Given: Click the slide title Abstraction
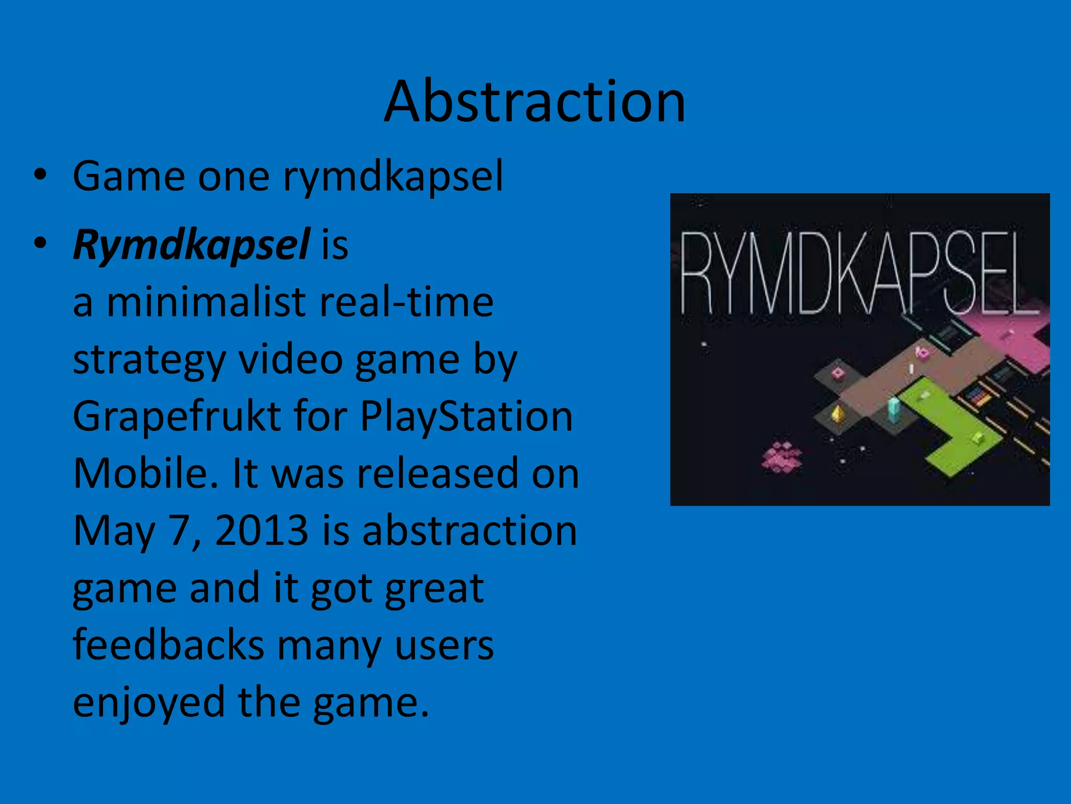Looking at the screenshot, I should (x=534, y=102).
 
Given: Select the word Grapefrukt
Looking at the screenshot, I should (x=176, y=417).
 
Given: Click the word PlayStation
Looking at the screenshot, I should (x=466, y=417).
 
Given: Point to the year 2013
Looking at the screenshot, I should (x=261, y=531).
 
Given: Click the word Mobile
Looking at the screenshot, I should (x=145, y=474).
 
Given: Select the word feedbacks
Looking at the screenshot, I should (x=168, y=645).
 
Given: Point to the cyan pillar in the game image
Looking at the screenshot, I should (x=893, y=410).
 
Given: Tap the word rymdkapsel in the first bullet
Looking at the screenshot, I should (x=393, y=176).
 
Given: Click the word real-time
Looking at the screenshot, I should (x=406, y=303).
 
